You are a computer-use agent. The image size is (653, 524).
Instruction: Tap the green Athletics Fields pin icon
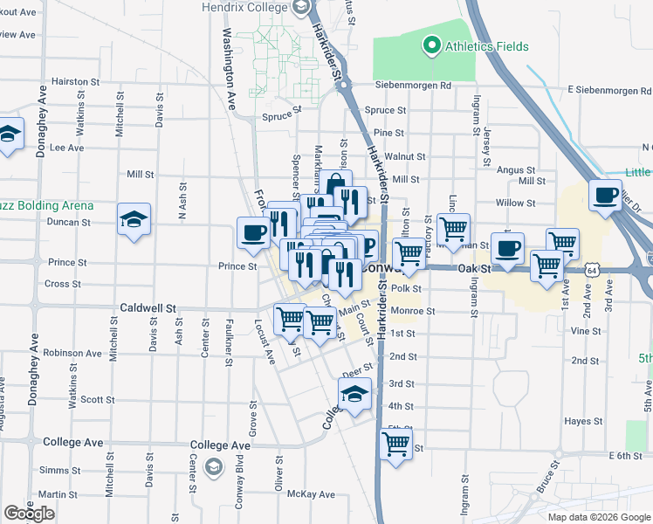(x=430, y=45)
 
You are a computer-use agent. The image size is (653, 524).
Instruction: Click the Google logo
(x=29, y=514)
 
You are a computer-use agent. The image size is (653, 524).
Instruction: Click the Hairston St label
(x=72, y=80)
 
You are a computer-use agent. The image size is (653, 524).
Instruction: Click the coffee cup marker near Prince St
(x=253, y=233)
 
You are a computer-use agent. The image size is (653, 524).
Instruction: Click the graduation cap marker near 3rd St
(x=354, y=395)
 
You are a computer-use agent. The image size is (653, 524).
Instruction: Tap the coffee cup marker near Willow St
(x=605, y=195)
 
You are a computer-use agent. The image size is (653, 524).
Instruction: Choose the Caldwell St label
(x=148, y=308)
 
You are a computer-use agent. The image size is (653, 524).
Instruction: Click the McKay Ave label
(x=312, y=494)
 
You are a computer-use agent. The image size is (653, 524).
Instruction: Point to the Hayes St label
(x=578, y=421)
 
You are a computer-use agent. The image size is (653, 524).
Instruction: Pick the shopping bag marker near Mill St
(x=335, y=186)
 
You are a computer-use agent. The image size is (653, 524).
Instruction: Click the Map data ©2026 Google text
(x=598, y=517)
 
